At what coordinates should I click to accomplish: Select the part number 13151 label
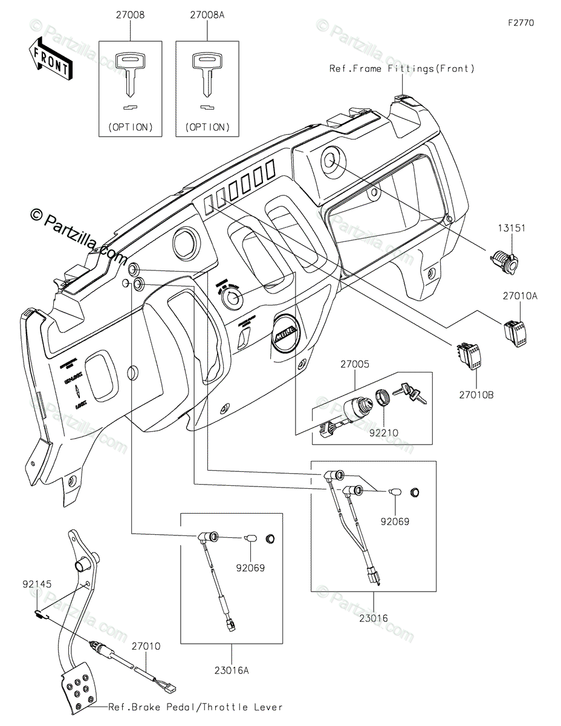pos(511,229)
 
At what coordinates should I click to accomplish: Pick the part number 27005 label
pos(355,365)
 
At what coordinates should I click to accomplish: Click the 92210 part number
pos(386,433)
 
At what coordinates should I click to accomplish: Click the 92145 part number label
pos(37,584)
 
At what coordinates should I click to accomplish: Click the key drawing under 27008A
pos(206,73)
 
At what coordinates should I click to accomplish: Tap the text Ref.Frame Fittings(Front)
pos(402,69)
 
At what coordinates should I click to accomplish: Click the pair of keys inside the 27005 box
pos(410,394)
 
